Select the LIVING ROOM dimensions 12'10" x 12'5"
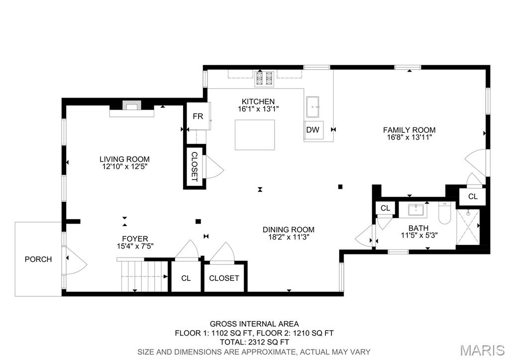coord(125,167)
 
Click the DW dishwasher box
coord(312,130)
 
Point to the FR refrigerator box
coord(198,117)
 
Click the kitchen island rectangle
coord(255,134)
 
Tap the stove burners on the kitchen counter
coord(264,78)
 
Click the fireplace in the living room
coord(132,106)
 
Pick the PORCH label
coord(38,259)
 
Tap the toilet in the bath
coord(444,214)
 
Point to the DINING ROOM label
coord(289,230)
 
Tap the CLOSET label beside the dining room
coord(224,278)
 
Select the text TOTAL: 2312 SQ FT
coord(254,342)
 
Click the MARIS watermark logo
coord(482,350)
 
